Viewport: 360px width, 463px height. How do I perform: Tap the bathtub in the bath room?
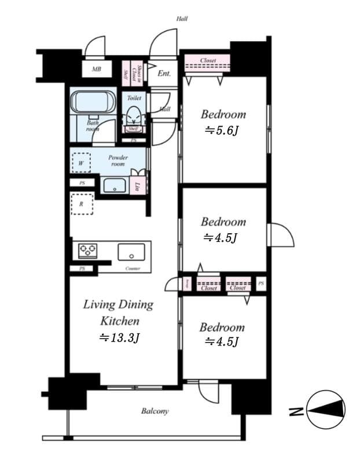(x=93, y=103)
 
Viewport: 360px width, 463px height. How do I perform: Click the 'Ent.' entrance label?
(x=164, y=74)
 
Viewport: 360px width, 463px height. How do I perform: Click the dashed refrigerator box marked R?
(x=82, y=204)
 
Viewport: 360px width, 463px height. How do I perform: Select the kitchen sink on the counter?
(x=131, y=252)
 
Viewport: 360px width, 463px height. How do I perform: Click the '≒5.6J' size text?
(x=221, y=130)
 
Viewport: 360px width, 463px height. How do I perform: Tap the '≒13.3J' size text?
(x=119, y=338)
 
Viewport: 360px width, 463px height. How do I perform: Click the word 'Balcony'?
(x=155, y=411)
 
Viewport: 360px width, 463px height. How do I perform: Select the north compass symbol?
(x=325, y=410)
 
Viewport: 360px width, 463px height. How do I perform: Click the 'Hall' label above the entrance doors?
(x=182, y=19)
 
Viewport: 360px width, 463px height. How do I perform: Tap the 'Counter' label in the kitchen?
(x=133, y=269)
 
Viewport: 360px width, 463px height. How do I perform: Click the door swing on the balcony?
(x=208, y=391)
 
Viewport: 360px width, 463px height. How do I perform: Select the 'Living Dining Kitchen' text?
(x=118, y=312)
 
